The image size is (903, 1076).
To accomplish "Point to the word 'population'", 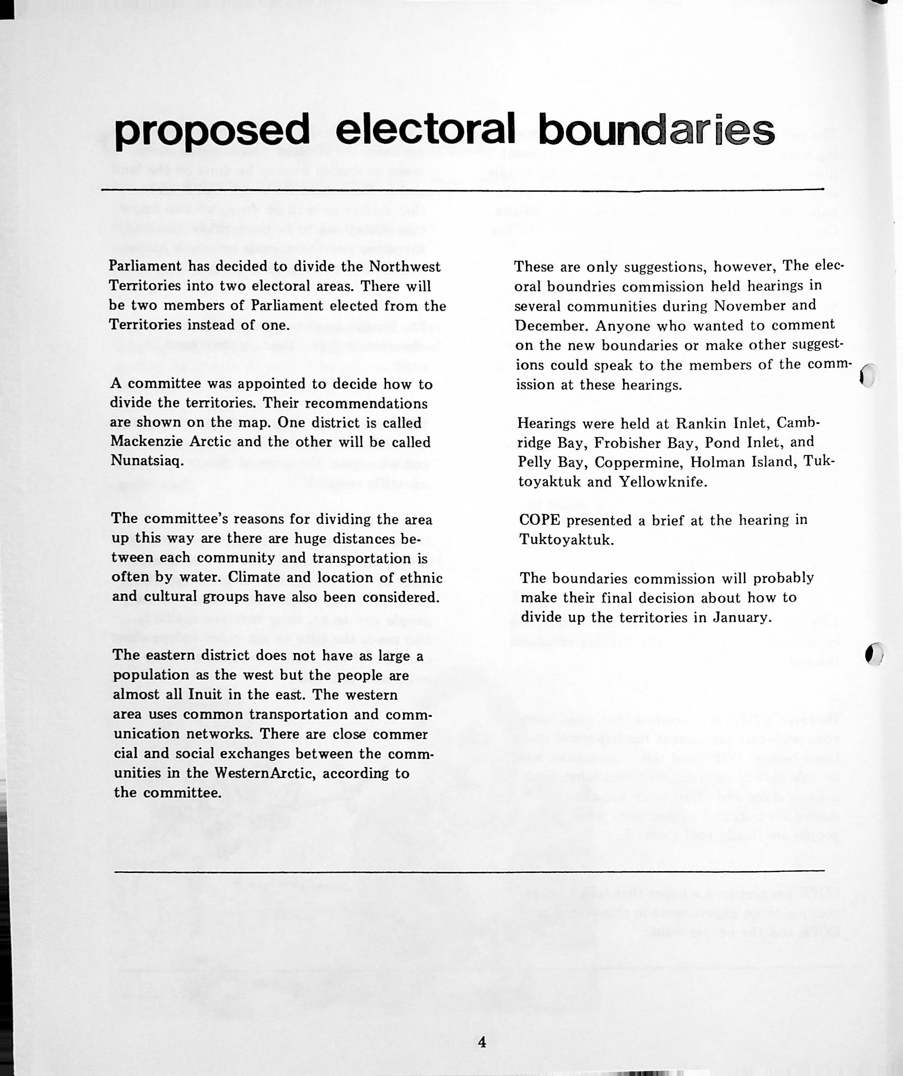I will point(147,676).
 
